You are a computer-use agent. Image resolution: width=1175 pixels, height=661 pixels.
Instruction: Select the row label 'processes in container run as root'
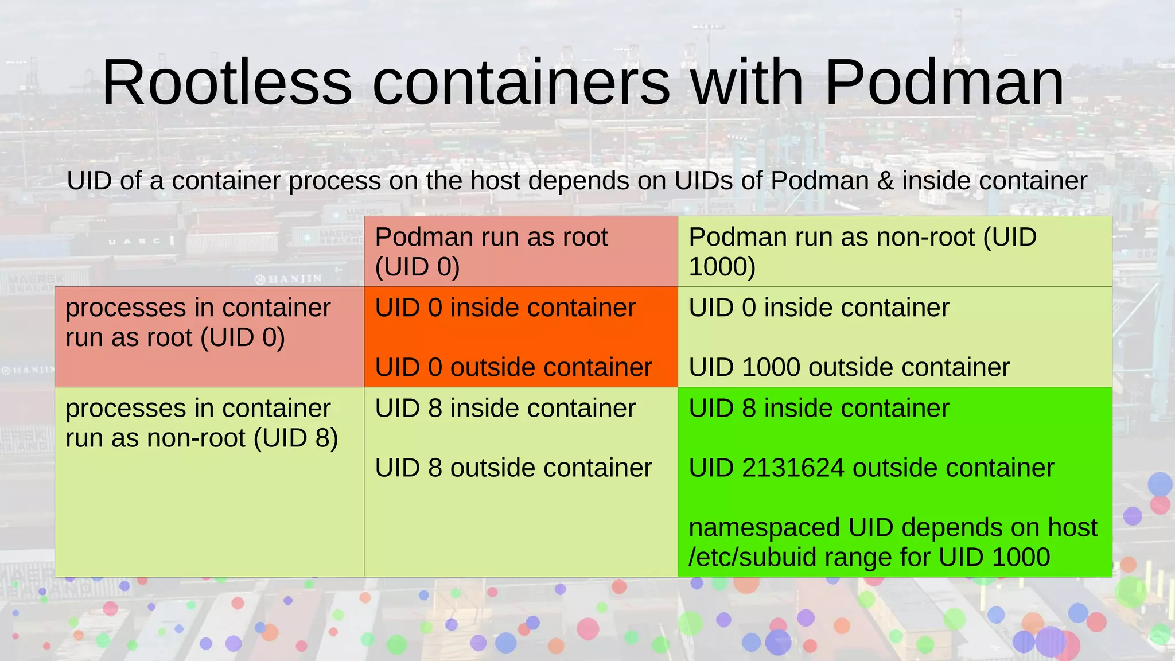point(198,322)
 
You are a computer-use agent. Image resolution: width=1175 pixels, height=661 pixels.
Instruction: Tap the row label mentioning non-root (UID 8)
point(201,423)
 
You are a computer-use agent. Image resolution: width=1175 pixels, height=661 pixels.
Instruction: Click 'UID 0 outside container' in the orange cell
point(513,367)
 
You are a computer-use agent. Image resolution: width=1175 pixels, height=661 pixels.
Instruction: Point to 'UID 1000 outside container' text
point(849,367)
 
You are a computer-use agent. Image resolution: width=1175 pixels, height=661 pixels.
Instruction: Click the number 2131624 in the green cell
point(792,468)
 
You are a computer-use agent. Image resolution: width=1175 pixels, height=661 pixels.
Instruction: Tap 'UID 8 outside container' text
point(513,468)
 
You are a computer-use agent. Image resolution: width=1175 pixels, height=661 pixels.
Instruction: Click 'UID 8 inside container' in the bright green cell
point(819,408)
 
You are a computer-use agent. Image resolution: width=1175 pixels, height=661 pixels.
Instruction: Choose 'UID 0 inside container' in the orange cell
point(505,308)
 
